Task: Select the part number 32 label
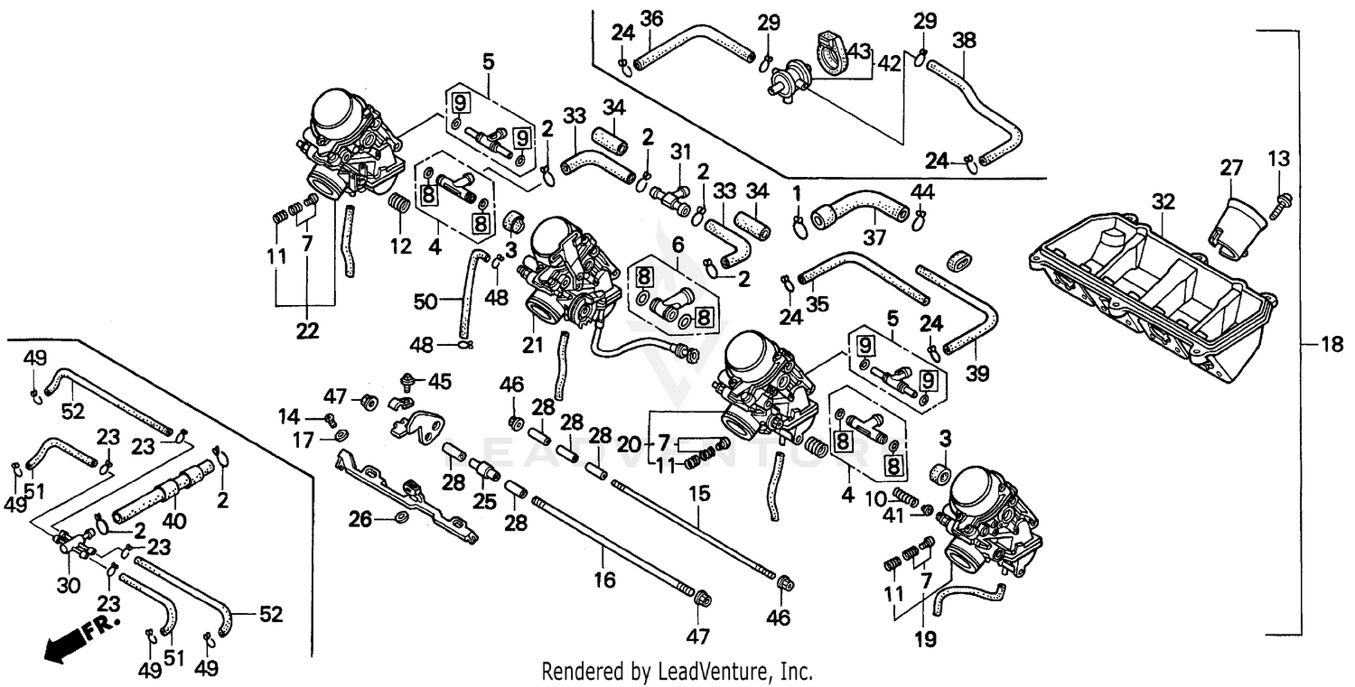pos(1163,201)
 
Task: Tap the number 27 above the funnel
pos(1231,167)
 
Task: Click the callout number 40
pos(173,521)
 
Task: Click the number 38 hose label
pos(964,40)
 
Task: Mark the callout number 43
pos(858,52)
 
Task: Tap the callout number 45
pos(439,382)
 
